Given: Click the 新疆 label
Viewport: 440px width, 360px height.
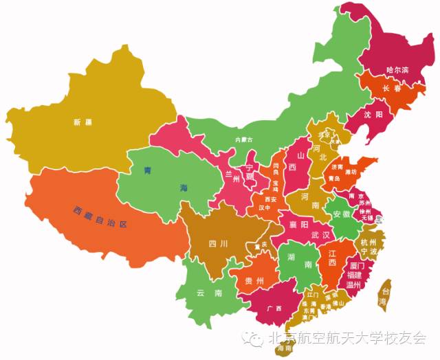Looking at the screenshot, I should tap(82, 122).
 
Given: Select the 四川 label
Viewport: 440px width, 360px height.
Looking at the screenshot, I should tap(219, 243).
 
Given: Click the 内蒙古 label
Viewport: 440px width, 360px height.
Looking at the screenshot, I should tap(244, 139).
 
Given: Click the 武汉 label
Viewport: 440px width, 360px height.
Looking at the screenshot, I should tap(320, 235).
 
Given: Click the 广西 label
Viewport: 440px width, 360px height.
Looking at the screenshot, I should tap(274, 308).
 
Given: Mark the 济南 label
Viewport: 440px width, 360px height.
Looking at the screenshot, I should tap(336, 167).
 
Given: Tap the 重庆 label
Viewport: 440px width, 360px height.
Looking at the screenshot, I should tap(259, 246).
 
